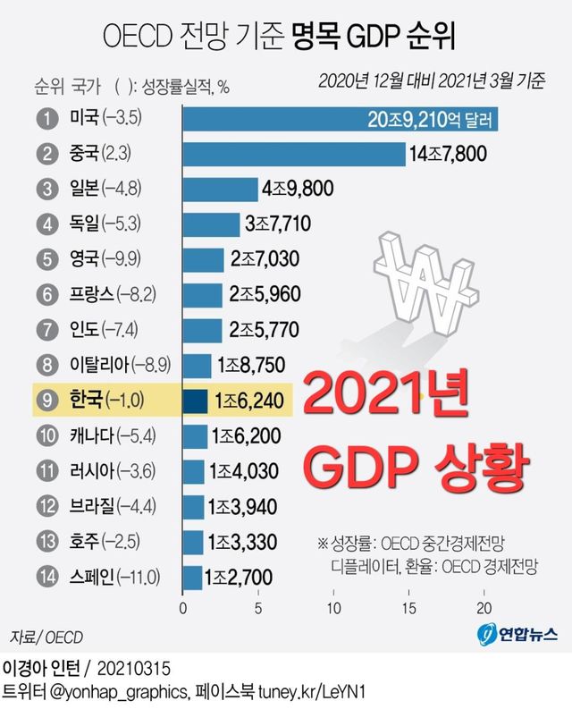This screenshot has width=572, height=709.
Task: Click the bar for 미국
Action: coord(340,118)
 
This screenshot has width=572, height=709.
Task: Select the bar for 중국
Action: coord(294,153)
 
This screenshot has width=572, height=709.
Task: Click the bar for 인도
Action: coord(203,330)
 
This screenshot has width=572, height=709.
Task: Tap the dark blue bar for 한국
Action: coord(196,401)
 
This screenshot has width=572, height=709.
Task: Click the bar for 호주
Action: coord(193,542)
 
